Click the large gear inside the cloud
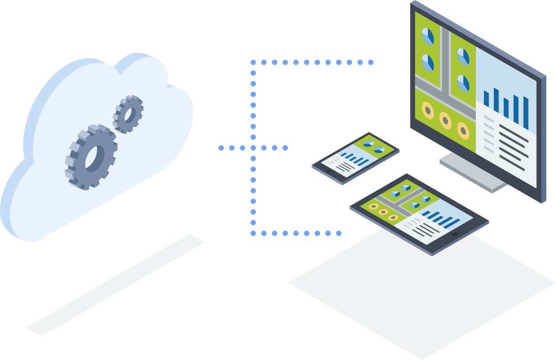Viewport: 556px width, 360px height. (x=91, y=157)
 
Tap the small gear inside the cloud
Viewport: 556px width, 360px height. (x=128, y=114)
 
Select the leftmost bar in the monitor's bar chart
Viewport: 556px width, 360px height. (x=486, y=98)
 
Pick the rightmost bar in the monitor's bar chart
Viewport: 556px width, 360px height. (x=526, y=113)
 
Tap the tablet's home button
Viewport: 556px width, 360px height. (x=455, y=234)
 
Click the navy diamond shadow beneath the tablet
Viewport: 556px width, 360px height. (x=422, y=292)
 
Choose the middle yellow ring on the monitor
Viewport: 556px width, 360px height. (x=445, y=120)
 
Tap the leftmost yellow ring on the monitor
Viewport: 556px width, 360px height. (x=427, y=110)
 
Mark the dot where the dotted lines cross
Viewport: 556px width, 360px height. (x=253, y=148)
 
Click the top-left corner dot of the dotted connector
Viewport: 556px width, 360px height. (x=253, y=62)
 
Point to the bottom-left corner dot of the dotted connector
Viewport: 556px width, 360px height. (x=253, y=233)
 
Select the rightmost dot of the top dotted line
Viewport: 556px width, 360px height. (x=371, y=62)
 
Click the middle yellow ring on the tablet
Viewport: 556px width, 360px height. (x=383, y=212)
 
